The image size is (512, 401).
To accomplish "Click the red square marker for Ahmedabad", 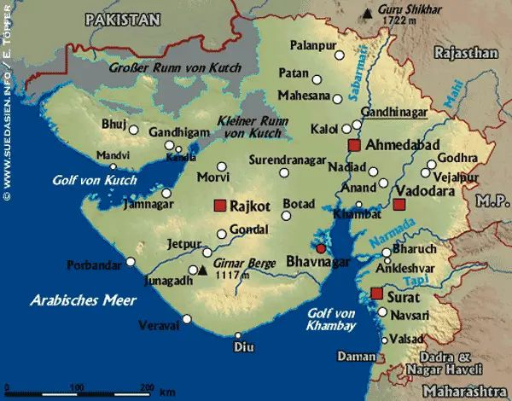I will (356, 146).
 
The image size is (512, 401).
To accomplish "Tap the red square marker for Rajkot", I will (220, 206).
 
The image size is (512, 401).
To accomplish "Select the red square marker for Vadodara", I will (399, 205).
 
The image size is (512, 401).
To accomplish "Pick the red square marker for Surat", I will (376, 293).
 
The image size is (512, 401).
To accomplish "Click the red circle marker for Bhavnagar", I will (321, 248).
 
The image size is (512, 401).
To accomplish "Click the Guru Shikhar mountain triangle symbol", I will (368, 12).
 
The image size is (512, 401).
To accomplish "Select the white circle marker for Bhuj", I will (133, 130).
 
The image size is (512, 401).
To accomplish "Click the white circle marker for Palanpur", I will (340, 55).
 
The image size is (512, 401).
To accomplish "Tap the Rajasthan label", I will (466, 53).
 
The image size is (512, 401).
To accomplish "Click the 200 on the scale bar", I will (146, 388).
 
